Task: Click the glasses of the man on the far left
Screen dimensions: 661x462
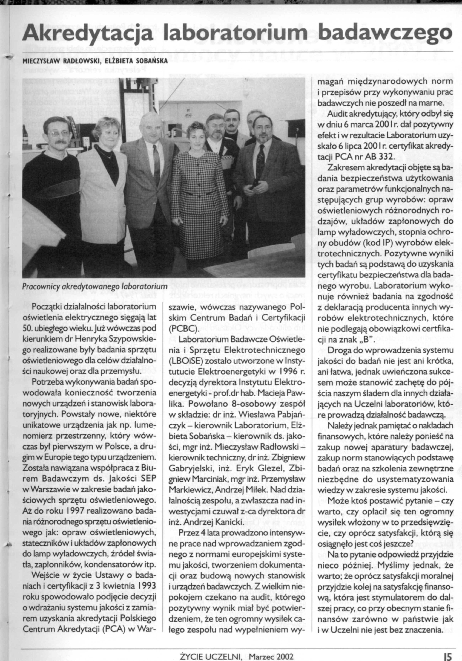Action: tap(58, 134)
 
